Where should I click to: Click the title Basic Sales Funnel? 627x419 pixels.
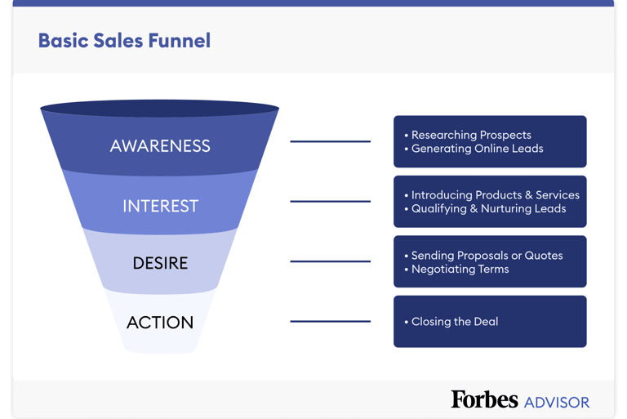[124, 41]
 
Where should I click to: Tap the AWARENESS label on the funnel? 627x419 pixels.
[160, 146]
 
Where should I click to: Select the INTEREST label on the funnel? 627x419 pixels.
[160, 206]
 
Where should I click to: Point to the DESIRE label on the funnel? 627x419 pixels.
[160, 263]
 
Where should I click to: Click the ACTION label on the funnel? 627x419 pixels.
[160, 323]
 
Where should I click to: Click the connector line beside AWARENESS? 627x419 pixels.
[330, 141]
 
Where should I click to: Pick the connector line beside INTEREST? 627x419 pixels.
[330, 201]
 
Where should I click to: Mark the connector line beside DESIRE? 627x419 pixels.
[330, 261]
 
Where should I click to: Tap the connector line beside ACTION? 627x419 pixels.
[330, 321]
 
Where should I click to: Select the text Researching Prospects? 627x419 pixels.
[471, 135]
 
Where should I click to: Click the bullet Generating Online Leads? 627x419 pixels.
[477, 149]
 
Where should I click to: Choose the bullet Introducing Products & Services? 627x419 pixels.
[495, 195]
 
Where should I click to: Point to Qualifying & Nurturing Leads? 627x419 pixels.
[488, 208]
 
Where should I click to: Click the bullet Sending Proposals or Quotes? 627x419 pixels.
[487, 256]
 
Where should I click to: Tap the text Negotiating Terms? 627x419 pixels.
[460, 269]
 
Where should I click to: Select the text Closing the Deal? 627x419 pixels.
[455, 322]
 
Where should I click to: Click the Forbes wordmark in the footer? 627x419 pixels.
[484, 399]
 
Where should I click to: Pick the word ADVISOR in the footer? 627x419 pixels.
[557, 403]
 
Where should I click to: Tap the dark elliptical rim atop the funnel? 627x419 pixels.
[160, 108]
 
